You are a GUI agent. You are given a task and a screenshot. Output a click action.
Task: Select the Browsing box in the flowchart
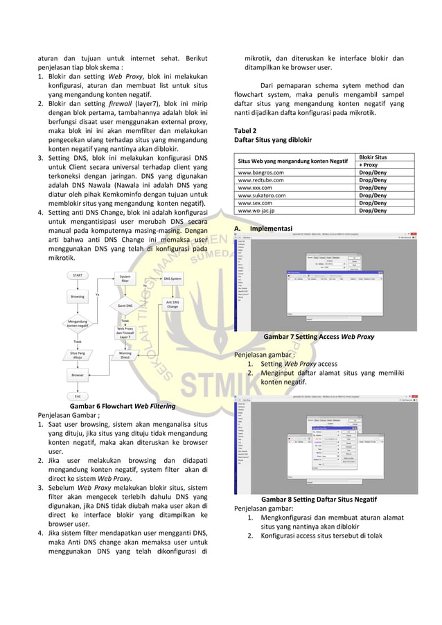tap(78, 296)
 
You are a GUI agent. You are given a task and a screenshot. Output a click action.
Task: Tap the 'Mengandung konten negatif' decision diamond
tap(78, 323)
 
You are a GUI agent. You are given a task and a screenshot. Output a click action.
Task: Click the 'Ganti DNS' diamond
tap(125, 305)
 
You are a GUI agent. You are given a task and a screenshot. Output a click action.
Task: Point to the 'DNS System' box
tap(172, 279)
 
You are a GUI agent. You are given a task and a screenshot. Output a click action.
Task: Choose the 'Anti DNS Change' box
tap(172, 304)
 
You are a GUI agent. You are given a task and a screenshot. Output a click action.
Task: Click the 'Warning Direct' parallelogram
tap(125, 355)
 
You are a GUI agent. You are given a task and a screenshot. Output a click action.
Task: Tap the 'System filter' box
tap(125, 278)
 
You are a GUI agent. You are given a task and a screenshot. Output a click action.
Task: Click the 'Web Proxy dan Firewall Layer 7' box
tap(125, 333)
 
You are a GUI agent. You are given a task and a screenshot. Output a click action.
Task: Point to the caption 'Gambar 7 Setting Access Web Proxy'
tap(319, 337)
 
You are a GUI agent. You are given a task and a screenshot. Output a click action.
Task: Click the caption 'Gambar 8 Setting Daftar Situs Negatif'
tap(319, 499)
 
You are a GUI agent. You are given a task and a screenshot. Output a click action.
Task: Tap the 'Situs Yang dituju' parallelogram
tap(78, 355)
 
